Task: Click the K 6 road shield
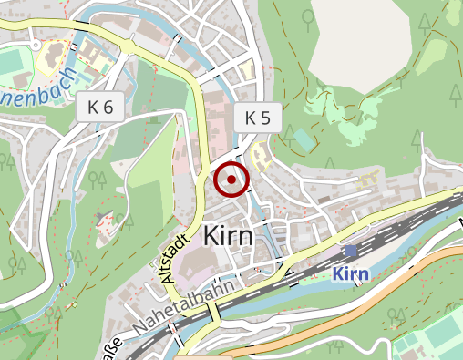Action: [101, 107]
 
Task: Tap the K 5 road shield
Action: [258, 118]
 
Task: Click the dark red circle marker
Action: [231, 180]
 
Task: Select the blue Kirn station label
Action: [350, 273]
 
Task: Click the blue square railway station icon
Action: [351, 252]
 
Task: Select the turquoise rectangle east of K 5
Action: [301, 139]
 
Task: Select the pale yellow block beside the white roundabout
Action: [53, 50]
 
